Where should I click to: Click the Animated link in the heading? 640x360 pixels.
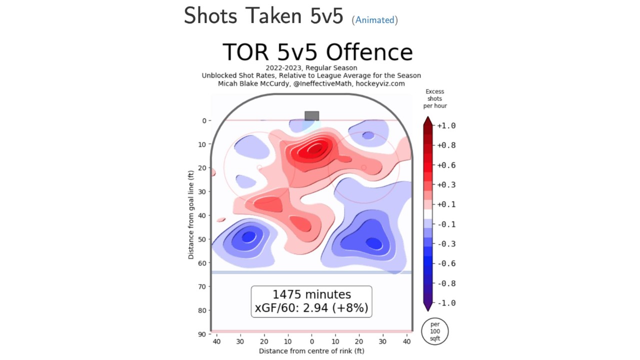(375, 20)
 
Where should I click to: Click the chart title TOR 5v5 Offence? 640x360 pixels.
(317, 52)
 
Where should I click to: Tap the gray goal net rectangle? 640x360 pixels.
(311, 116)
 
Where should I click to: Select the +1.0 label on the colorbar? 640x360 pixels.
(446, 125)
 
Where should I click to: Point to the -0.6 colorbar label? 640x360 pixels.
(446, 263)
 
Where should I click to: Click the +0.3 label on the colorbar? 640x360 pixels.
(446, 184)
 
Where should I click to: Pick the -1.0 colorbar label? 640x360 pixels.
(446, 303)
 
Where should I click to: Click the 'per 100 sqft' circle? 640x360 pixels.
(435, 331)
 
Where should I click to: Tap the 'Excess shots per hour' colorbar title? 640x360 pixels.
(435, 98)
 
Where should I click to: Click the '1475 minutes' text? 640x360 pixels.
(311, 294)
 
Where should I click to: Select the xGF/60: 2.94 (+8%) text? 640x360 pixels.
(311, 308)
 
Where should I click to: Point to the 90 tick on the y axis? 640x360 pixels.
(202, 334)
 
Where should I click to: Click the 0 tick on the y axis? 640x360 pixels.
(204, 120)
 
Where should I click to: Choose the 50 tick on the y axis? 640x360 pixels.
(202, 239)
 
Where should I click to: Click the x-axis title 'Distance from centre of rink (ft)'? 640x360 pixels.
(311, 351)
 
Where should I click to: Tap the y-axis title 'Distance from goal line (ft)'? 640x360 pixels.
(191, 215)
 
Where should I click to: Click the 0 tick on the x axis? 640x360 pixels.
(311, 342)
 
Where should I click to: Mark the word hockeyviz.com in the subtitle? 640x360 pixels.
(380, 83)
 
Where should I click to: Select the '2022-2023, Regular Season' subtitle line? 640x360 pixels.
(311, 68)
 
